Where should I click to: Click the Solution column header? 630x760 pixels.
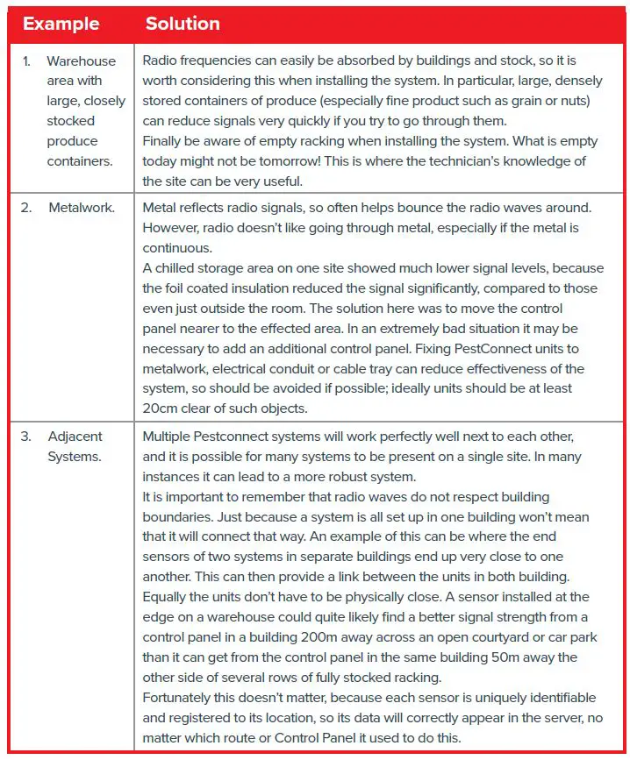coord(183,24)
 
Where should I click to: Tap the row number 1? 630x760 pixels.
coord(27,60)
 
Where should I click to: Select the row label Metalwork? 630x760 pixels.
coord(82,208)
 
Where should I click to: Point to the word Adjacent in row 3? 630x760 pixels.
coord(75,436)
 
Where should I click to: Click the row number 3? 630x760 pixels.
coord(26,436)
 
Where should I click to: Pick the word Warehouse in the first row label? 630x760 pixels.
coord(82,60)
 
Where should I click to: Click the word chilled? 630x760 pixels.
coord(180,268)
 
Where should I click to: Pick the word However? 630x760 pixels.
coord(174,228)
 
